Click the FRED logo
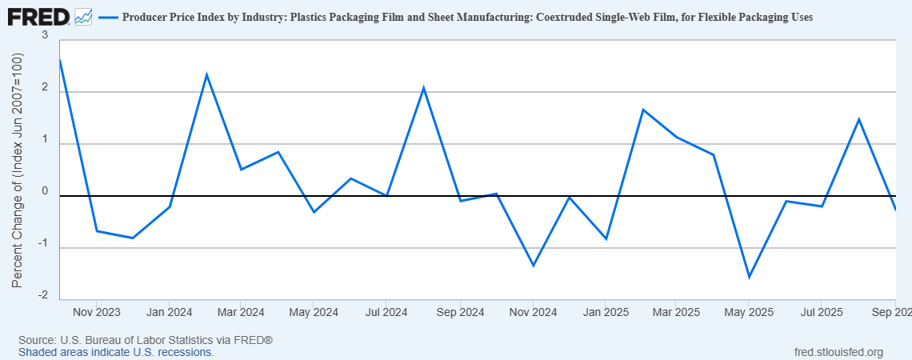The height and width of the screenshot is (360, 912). pyautogui.click(x=38, y=16)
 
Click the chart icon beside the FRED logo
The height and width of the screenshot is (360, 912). pyautogui.click(x=83, y=16)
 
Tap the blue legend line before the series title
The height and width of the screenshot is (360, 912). pyautogui.click(x=107, y=17)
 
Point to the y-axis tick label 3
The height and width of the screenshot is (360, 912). pyautogui.click(x=45, y=36)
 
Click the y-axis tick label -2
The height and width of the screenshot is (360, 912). pyautogui.click(x=42, y=295)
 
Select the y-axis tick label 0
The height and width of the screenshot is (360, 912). pyautogui.click(x=45, y=191)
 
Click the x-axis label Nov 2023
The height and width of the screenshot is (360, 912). pyautogui.click(x=96, y=312)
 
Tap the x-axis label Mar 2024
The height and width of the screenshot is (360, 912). pyautogui.click(x=241, y=312)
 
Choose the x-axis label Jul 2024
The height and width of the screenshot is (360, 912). pyautogui.click(x=386, y=312)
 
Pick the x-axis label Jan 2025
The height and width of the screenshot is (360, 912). pyautogui.click(x=605, y=312)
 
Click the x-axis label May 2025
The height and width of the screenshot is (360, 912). pyautogui.click(x=749, y=312)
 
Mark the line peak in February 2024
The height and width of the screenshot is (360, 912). pyautogui.click(x=206, y=74)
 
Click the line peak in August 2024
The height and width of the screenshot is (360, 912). pyautogui.click(x=423, y=87)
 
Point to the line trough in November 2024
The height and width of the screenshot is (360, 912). pyautogui.click(x=533, y=266)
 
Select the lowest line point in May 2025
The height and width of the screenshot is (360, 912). pyautogui.click(x=750, y=277)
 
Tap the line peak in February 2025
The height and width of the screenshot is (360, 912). pyautogui.click(x=642, y=110)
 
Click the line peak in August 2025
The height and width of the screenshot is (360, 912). pyautogui.click(x=858, y=119)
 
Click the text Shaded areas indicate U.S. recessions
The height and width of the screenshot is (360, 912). pyautogui.click(x=116, y=352)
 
